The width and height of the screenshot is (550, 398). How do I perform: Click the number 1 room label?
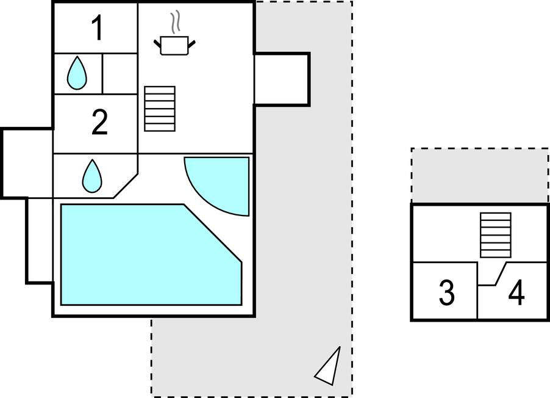point(97,29)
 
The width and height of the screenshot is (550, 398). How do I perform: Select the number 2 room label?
point(99,123)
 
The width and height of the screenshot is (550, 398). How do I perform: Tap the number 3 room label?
point(447,293)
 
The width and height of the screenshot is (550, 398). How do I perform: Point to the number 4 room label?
point(516,293)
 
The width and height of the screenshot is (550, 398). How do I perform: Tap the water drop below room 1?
point(77,72)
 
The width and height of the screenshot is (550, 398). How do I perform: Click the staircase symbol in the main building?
point(160,109)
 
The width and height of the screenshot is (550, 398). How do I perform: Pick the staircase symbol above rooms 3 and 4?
point(495,235)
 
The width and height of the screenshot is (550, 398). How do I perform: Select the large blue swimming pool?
point(140,256)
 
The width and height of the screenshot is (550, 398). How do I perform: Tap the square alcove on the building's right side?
point(280,79)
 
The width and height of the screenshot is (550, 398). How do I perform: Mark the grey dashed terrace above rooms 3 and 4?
point(479,175)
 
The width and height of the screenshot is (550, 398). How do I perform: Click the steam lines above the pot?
point(176,22)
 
